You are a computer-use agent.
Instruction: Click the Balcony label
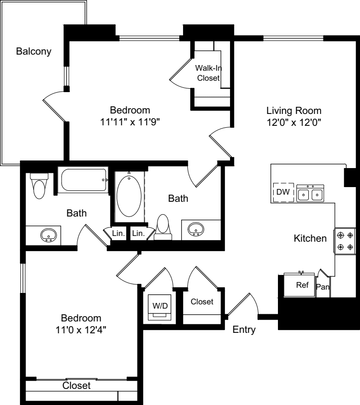pos(34,51)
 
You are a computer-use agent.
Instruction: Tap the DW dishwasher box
pos(283,192)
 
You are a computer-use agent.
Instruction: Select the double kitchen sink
pos(310,193)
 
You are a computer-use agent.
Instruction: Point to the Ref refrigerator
pos(299,285)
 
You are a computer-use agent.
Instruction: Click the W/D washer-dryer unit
pos(159,307)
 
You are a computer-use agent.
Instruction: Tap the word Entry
pos(244,330)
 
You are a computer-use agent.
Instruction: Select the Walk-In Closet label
pos(208,73)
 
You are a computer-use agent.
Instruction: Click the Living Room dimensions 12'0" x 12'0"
pos(294,122)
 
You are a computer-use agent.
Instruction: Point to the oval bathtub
pos(129,196)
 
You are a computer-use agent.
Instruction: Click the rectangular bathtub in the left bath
pos(83,180)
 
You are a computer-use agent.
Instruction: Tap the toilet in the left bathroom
pos(39,186)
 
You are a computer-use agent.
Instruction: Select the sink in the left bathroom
pos(48,235)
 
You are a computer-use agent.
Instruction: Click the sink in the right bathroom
pos(196,229)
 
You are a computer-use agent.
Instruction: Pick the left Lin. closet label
pos(119,233)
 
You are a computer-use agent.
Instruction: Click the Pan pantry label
pos(323,287)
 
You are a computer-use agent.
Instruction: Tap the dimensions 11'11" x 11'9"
pos(130,122)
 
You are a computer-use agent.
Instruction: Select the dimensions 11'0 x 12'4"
pos(81,330)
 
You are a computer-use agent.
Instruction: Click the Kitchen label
pos(310,238)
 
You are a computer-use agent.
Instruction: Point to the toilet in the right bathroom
pos(163,227)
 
